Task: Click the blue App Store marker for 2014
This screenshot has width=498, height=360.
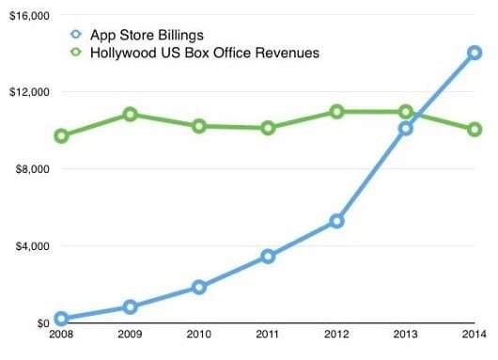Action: pos(475,54)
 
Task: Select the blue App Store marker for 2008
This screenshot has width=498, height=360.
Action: pos(61,319)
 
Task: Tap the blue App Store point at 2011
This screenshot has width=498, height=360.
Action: pos(268,256)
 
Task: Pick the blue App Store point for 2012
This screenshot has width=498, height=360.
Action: pos(336,221)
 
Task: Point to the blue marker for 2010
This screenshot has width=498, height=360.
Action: pos(199,287)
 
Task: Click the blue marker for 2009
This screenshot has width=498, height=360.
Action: pos(130,306)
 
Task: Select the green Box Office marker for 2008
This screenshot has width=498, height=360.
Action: pos(61,136)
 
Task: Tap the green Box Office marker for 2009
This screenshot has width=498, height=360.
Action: pos(130,115)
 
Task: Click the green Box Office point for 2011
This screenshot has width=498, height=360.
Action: pos(268,128)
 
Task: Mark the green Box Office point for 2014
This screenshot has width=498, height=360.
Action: pos(475,130)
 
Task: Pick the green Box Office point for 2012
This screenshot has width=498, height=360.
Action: pos(336,112)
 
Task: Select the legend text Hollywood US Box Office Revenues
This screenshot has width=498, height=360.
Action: pos(203,54)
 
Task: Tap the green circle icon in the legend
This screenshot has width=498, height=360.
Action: pos(77,54)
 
